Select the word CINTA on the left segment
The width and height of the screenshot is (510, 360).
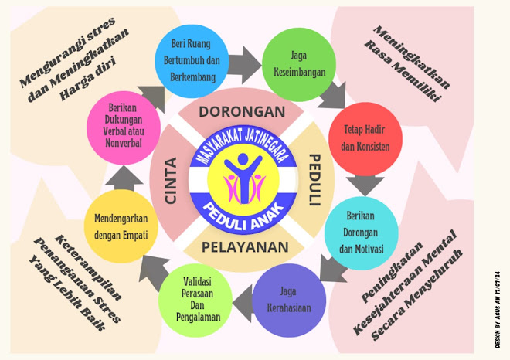[x=171, y=182]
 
